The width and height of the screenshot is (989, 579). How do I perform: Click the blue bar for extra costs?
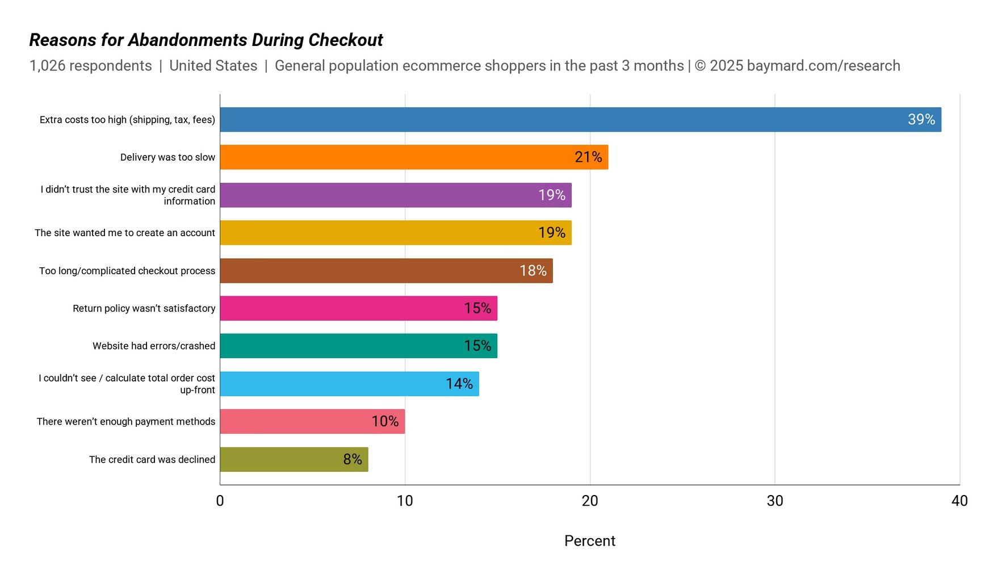coord(568,120)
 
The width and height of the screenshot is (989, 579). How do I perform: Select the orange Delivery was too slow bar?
coord(397,157)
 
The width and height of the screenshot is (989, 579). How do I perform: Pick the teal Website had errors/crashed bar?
coord(341,346)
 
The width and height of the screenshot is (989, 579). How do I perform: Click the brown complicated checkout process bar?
coord(369,271)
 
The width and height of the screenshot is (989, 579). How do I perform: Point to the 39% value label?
coord(921,120)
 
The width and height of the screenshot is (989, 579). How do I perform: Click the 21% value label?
coord(588,157)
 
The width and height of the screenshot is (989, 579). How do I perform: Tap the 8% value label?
coord(352,459)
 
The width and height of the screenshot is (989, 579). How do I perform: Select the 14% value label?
coord(459,384)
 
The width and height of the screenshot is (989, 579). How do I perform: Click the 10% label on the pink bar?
coord(384,421)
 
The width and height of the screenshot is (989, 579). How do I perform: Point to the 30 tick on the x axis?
coord(774,501)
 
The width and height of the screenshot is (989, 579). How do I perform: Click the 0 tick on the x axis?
coord(220,501)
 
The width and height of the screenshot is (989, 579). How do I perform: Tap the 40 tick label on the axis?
coord(959,501)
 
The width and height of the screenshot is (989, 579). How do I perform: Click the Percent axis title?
coord(589,541)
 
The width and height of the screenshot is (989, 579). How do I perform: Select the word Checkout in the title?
coord(345,40)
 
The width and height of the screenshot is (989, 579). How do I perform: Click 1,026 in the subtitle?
coord(47,66)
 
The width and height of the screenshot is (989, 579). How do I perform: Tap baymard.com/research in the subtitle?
coord(823,66)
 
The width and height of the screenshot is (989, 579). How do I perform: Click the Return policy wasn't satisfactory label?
coord(144,308)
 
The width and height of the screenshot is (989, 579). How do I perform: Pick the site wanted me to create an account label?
coord(125,233)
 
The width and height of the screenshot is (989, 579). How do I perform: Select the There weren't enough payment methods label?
coord(126,421)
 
